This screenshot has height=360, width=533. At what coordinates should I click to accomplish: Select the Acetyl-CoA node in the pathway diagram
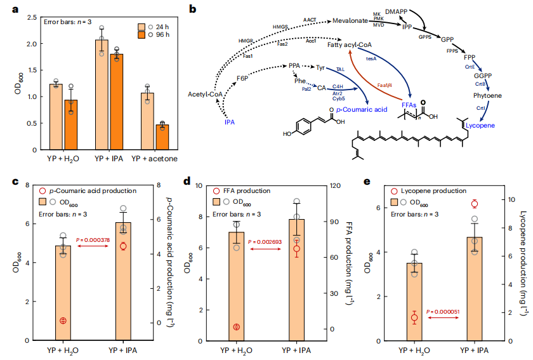pos(204,95)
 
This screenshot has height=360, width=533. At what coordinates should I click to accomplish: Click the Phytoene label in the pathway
pos(488,96)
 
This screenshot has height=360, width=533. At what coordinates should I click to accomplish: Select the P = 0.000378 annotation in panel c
pos(95,240)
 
